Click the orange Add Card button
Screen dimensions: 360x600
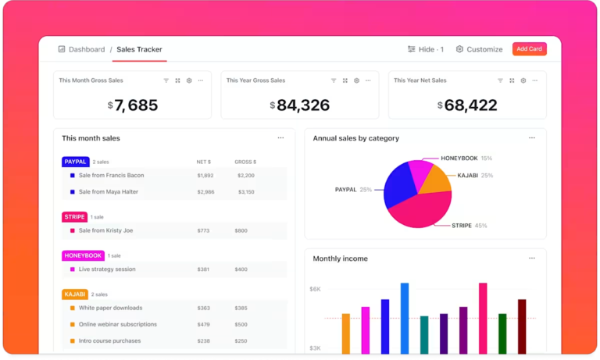[x=529, y=49]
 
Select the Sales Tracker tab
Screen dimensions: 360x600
[x=139, y=49]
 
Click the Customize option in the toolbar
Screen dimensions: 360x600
[x=479, y=49]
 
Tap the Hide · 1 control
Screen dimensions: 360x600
[x=425, y=49]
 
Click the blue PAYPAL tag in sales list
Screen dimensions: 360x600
[x=76, y=162]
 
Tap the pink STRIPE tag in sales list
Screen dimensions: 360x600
[x=74, y=217]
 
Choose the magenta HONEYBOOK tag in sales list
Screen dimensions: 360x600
[x=83, y=255]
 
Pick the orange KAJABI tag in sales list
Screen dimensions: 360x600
[x=75, y=294]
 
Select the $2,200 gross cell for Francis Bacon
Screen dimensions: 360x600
[x=245, y=176]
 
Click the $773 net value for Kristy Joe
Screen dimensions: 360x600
[x=204, y=231]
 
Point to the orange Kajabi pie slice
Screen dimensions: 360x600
[x=435, y=180]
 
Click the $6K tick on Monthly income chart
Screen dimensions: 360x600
[x=315, y=289]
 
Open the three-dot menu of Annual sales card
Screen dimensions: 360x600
[x=532, y=138]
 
